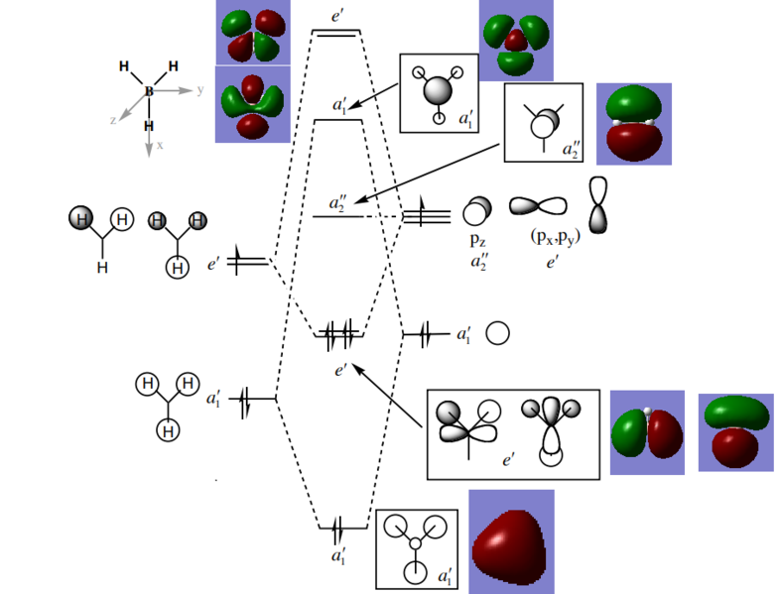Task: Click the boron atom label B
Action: click(x=149, y=91)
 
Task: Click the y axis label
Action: click(x=199, y=89)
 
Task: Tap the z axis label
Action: click(x=114, y=119)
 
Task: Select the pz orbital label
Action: click(x=475, y=240)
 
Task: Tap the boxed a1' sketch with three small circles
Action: click(x=416, y=548)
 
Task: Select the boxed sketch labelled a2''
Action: click(x=543, y=122)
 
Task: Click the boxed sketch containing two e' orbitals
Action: click(x=513, y=434)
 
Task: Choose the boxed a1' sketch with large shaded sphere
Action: click(x=439, y=91)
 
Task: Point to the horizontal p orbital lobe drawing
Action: click(x=538, y=205)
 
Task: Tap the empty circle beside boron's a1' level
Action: click(x=498, y=334)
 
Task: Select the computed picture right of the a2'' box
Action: click(x=633, y=123)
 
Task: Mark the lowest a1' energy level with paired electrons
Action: click(x=337, y=527)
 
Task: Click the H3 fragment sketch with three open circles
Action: click(x=168, y=406)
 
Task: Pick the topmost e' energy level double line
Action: click(x=336, y=33)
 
